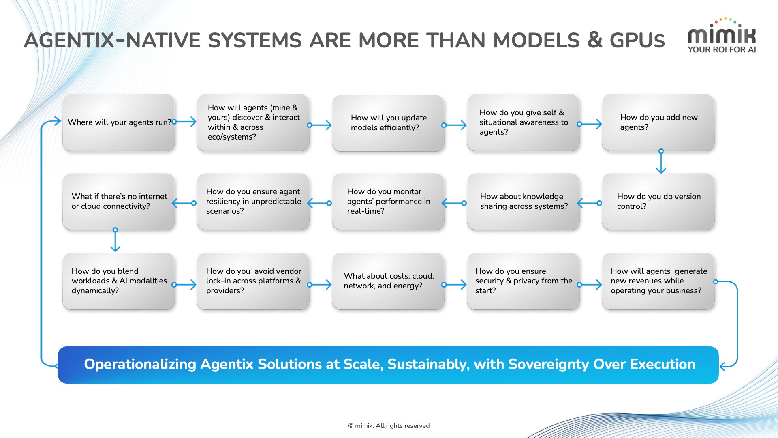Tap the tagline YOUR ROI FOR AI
[722, 49]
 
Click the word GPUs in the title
[637, 41]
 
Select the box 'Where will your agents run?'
[119, 122]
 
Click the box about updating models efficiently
[388, 123]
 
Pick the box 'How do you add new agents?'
[658, 122]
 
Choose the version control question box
[658, 202]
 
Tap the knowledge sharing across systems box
[523, 202]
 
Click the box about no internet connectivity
[119, 202]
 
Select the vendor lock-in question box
[253, 281]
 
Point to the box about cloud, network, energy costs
[388, 281]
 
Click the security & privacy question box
[523, 281]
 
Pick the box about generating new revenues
[658, 281]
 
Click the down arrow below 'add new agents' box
[661, 162]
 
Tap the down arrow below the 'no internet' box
[115, 241]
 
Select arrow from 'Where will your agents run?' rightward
[185, 122]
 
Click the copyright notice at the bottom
[389, 425]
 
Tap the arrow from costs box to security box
[455, 285]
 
